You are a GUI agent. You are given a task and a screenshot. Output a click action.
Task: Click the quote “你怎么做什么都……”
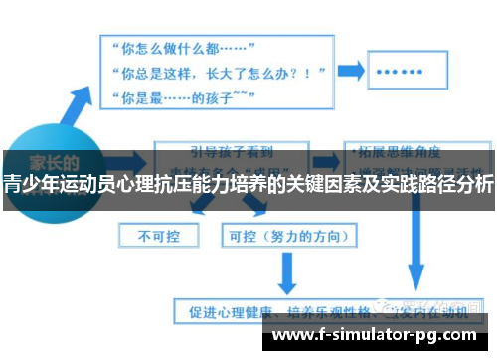click(x=185, y=48)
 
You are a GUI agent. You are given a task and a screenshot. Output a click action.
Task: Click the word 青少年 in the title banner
click(x=28, y=183)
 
